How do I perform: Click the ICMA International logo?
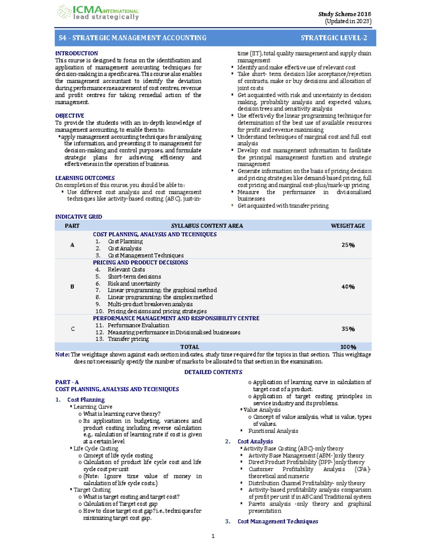click(97, 13)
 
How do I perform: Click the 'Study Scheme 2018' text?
click(344, 14)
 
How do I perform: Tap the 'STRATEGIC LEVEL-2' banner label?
click(333, 38)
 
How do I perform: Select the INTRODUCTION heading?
click(77, 53)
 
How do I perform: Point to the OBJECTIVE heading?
click(70, 116)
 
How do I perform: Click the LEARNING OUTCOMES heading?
click(85, 178)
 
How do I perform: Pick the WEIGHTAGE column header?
click(348, 226)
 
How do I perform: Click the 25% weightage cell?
click(348, 245)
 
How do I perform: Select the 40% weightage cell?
click(348, 287)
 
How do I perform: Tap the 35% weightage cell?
click(348, 329)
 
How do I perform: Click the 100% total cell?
click(348, 347)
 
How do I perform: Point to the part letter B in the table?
click(72, 287)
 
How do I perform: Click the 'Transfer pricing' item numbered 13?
click(128, 339)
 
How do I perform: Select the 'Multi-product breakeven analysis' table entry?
click(150, 304)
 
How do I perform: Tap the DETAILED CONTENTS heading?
click(213, 372)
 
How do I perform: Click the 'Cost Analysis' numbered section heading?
click(255, 442)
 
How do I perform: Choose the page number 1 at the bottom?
click(213, 536)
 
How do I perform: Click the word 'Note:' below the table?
click(62, 355)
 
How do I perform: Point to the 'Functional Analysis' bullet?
click(273, 431)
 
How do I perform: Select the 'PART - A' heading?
click(67, 382)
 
